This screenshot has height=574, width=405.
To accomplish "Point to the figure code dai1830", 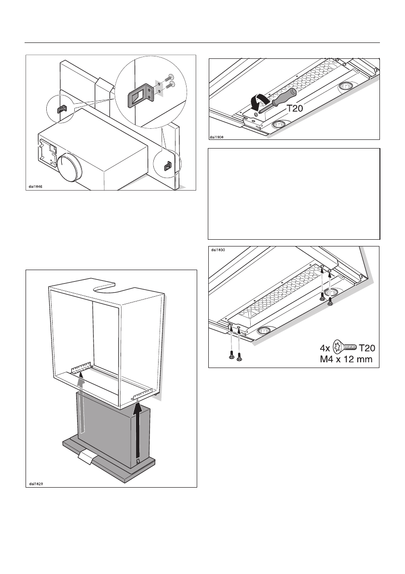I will click(x=218, y=250).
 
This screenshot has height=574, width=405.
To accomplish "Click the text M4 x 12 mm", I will click(x=342, y=359).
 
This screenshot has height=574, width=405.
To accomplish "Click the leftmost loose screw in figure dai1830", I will click(x=230, y=355).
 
